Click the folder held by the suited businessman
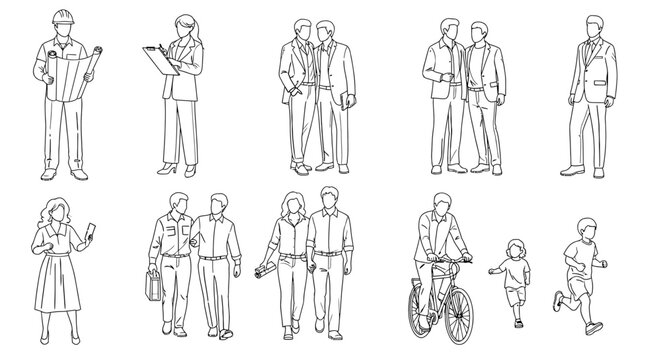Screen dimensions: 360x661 click(x=343, y=99)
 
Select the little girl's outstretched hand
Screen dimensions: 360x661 click(x=491, y=269)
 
